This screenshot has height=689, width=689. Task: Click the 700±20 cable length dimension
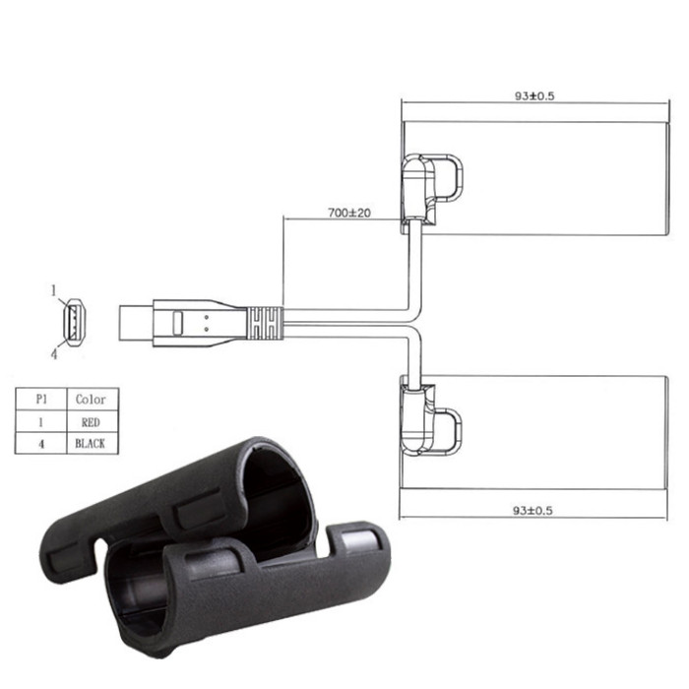[349, 213]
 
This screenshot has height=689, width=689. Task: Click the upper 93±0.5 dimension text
[534, 95]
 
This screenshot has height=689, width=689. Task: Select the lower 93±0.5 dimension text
[532, 510]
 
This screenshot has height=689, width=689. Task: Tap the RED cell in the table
[91, 422]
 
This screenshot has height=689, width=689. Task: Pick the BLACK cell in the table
[91, 443]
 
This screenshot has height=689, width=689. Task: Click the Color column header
[91, 399]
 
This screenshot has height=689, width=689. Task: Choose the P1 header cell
[41, 399]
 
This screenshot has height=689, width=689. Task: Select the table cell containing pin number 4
[41, 444]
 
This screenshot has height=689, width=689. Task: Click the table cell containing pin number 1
[41, 422]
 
